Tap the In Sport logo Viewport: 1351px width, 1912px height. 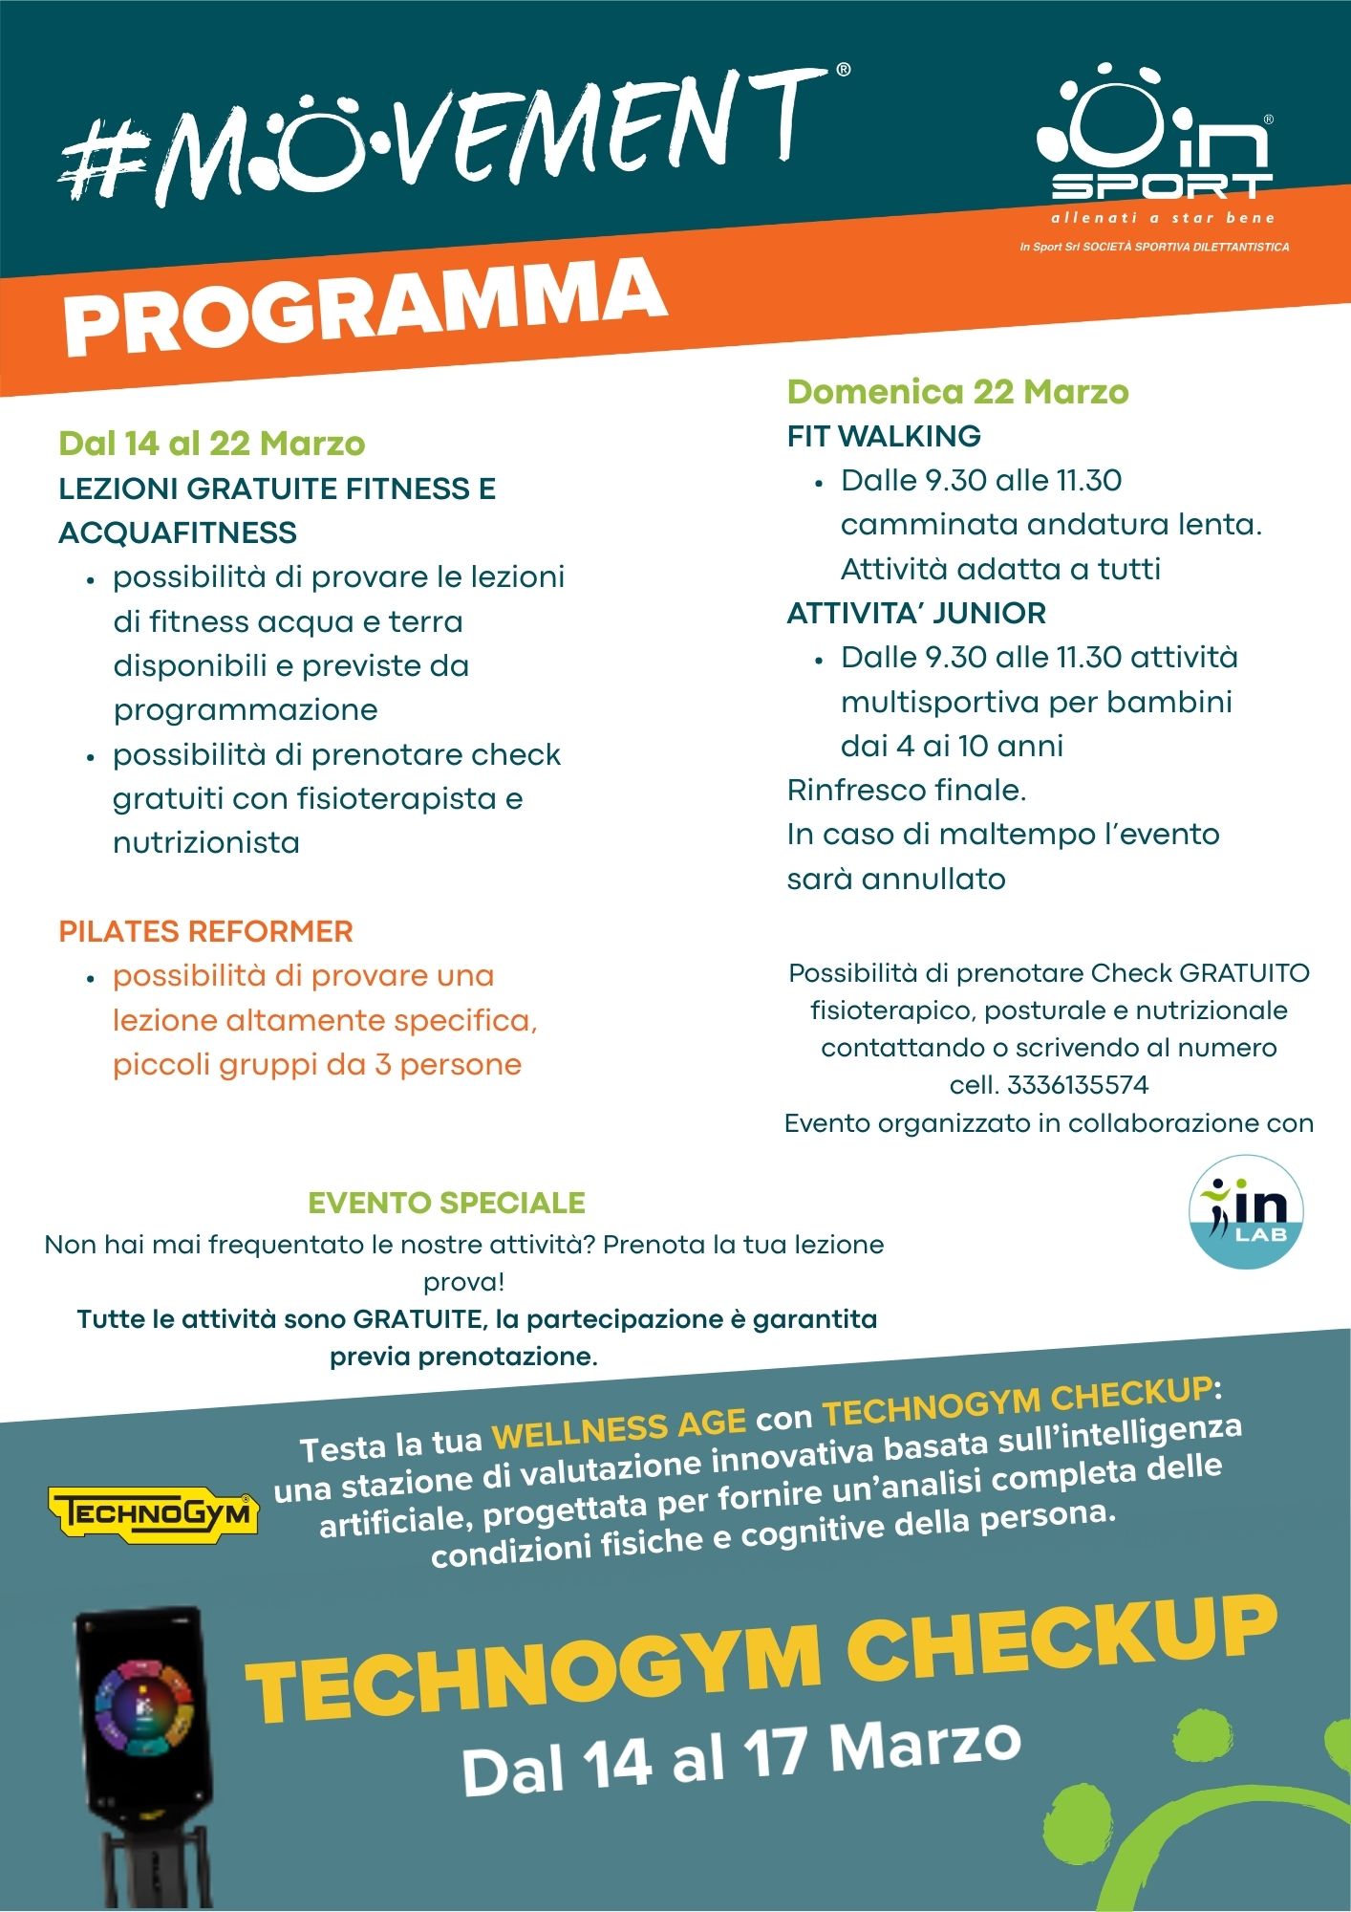coord(1156,139)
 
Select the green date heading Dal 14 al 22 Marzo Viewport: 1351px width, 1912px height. coord(211,444)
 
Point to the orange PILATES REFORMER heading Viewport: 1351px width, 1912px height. coord(205,931)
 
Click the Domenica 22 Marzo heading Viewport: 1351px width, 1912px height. coord(957,392)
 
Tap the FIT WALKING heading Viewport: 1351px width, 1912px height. coord(884,436)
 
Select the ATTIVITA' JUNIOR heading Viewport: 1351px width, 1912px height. coord(916,613)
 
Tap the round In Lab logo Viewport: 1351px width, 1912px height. coord(1246,1212)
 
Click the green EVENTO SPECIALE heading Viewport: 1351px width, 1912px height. coord(446,1203)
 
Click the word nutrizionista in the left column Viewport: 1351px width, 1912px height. coord(206,843)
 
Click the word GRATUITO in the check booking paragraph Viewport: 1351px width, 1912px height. coord(1244,973)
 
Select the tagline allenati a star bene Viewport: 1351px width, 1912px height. coord(1163,218)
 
